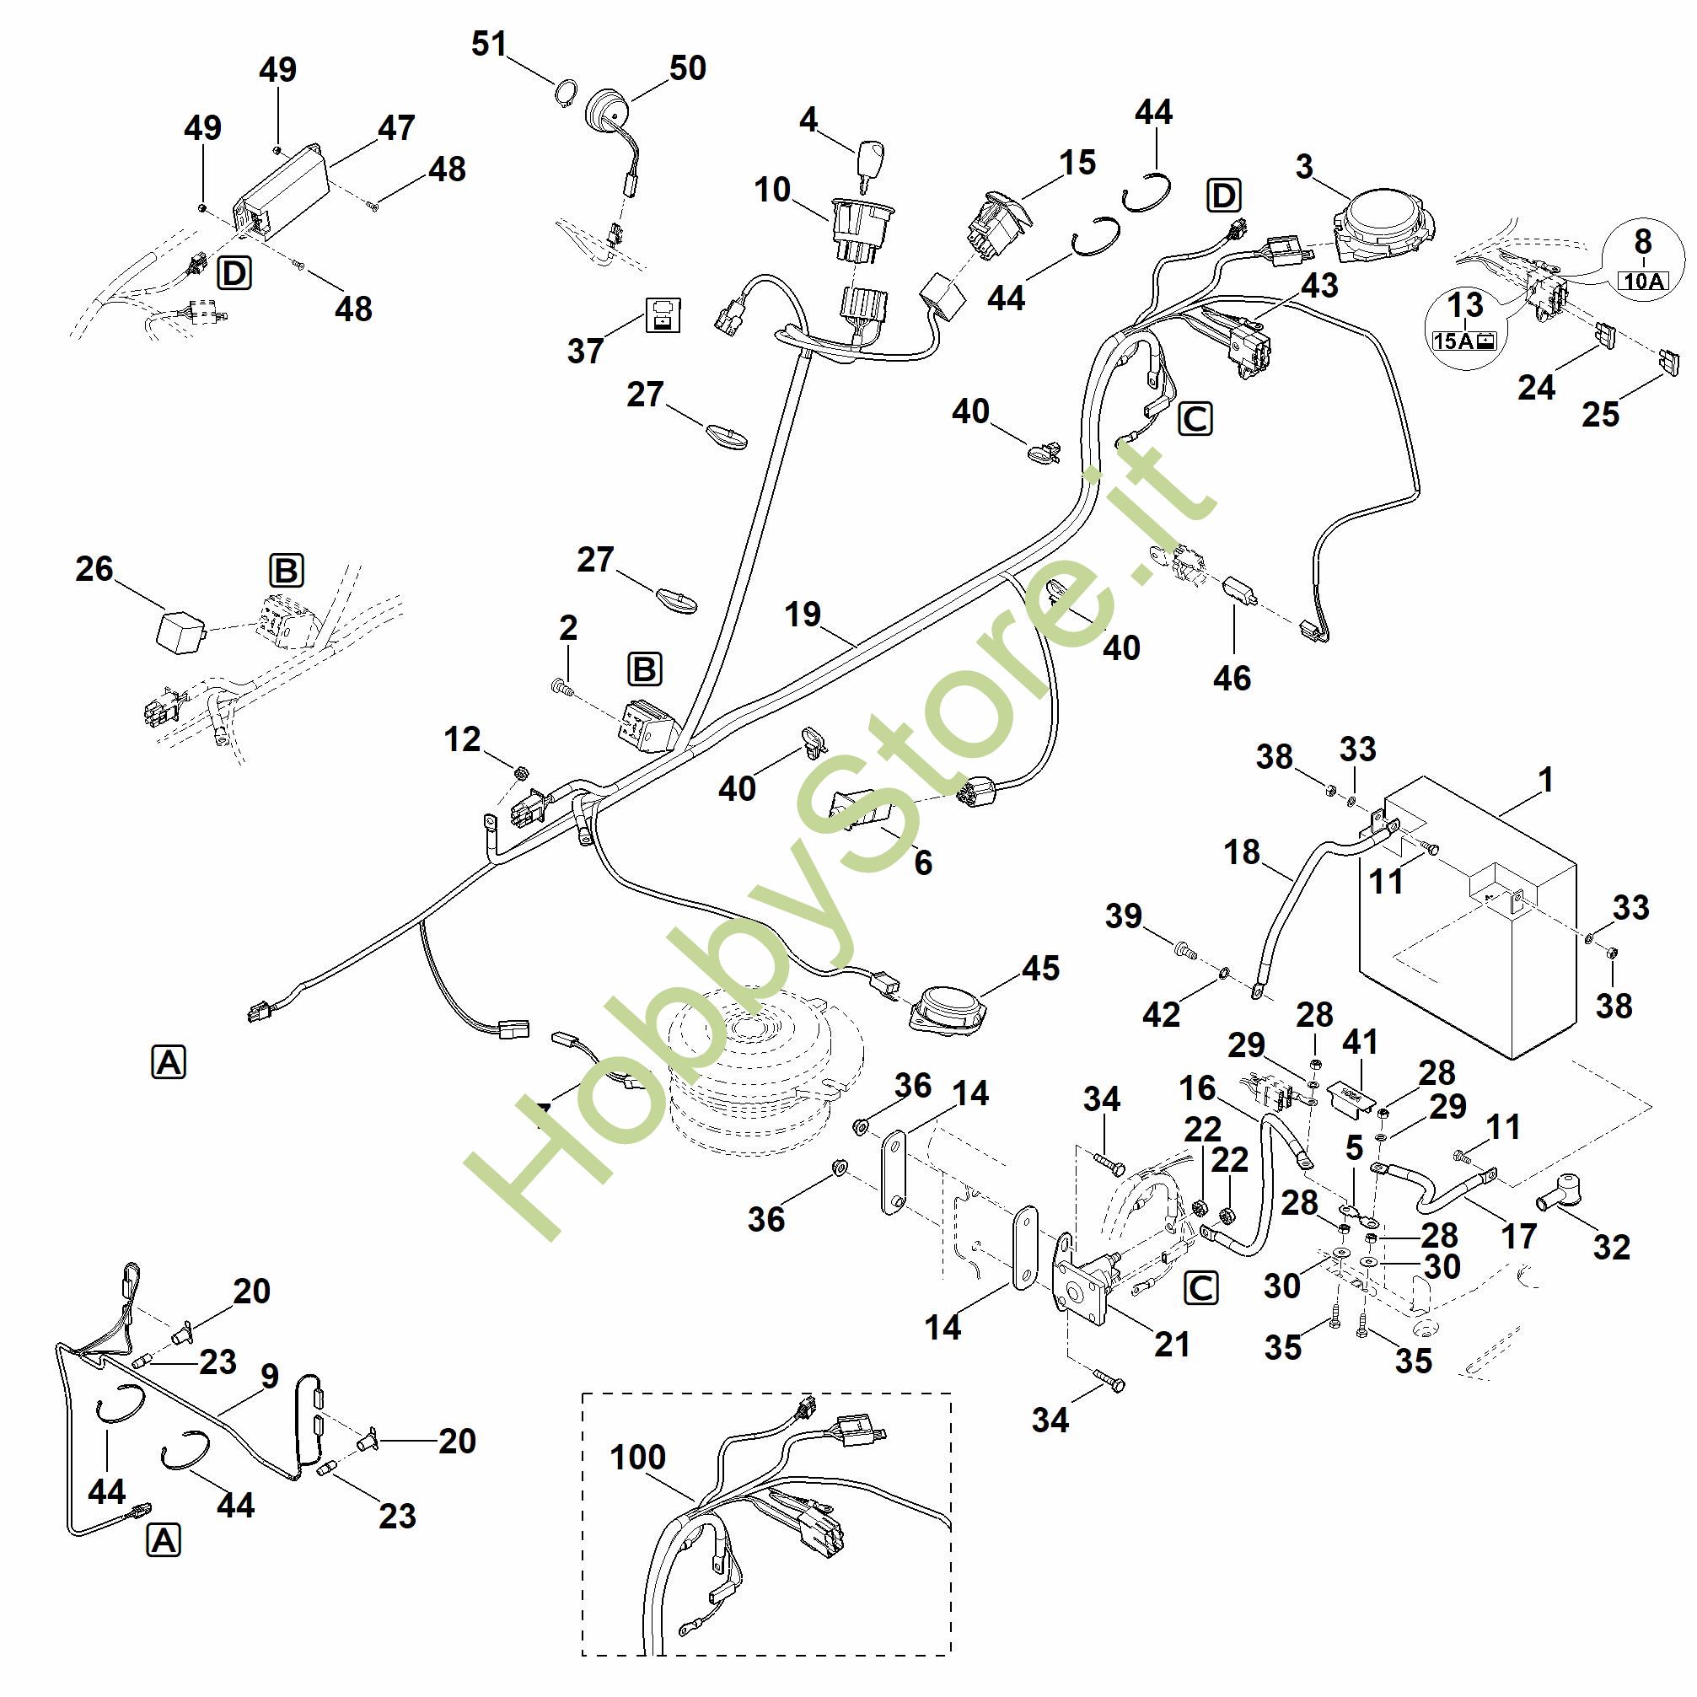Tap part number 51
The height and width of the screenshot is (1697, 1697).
tap(489, 43)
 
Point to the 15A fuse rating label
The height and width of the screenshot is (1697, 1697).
tap(1464, 340)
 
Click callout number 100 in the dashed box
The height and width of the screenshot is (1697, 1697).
tap(637, 1458)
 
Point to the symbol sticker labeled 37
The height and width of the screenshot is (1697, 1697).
tap(663, 314)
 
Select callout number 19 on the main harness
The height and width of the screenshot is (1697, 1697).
tap(802, 614)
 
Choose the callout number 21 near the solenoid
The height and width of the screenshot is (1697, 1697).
tap(1172, 1344)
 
